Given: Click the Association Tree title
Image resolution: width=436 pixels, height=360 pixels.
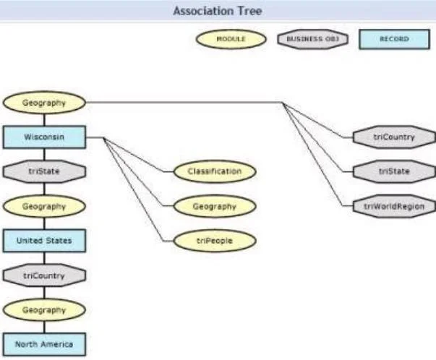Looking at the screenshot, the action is point(218,11).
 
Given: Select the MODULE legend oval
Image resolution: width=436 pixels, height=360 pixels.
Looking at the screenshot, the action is point(231,39).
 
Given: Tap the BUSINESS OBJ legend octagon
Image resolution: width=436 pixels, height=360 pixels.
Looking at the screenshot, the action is point(313,39).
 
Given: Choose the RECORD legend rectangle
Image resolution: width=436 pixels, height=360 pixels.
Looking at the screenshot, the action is point(395,39).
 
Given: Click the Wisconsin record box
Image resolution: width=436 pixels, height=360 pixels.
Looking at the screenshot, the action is point(44,137).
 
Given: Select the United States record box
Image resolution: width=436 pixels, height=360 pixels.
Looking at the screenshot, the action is point(44,241).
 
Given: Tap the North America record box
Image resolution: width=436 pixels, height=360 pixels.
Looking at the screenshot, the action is point(44,344).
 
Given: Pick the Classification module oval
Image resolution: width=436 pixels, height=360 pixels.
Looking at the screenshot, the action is point(215,171).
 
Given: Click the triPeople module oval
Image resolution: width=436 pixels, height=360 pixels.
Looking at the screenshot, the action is point(215,241).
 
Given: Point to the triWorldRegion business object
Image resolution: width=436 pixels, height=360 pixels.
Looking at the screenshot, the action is point(394,206).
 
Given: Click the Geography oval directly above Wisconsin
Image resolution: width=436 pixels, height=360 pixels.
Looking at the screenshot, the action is point(44,103).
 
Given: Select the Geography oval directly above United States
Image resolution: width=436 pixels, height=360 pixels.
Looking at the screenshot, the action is point(44,206).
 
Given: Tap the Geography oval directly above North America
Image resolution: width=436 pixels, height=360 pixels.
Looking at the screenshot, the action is point(44,310).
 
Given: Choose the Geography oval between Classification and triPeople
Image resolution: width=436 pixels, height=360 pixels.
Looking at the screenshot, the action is point(215,206).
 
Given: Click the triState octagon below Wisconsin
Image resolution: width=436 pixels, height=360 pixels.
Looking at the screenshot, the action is point(44,171).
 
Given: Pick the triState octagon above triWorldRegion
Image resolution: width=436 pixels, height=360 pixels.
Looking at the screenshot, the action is point(394,171).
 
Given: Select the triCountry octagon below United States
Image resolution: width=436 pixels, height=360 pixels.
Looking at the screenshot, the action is point(44,275).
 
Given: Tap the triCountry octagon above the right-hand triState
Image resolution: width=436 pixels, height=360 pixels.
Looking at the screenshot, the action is point(394,137).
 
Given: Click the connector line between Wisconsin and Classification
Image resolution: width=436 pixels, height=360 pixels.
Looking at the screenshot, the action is point(134,155).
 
